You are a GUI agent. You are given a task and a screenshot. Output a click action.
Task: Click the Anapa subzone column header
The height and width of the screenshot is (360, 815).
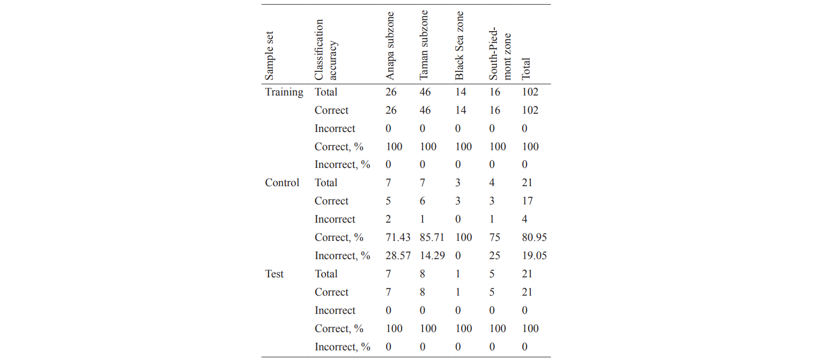(390, 46)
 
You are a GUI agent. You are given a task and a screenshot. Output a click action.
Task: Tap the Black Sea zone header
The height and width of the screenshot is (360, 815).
(460, 46)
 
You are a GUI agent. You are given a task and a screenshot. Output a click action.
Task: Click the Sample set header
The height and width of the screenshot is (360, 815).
(270, 55)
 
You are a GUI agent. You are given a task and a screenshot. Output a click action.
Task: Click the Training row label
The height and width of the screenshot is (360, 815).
(284, 92)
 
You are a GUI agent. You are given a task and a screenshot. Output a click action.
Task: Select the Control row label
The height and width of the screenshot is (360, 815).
(282, 183)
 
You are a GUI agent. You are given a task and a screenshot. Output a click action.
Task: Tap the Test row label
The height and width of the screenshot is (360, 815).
(274, 274)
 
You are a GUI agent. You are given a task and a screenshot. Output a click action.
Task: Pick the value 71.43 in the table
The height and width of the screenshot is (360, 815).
(398, 238)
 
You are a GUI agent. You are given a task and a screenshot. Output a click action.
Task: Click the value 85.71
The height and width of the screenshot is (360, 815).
(432, 238)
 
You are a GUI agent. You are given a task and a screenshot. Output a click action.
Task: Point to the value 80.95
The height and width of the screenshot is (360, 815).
(535, 238)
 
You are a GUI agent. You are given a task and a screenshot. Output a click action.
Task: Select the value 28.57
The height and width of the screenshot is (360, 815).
(398, 256)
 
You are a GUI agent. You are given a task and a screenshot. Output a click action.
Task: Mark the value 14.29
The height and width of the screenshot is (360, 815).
(432, 256)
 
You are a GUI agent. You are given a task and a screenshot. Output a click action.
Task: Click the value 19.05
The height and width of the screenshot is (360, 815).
(535, 256)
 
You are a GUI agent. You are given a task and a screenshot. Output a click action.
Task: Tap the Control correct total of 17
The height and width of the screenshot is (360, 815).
(528, 201)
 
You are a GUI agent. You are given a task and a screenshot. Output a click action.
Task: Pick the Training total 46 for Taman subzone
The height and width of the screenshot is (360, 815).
(425, 92)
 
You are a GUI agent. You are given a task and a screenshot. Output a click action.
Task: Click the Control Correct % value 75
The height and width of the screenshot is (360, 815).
(494, 238)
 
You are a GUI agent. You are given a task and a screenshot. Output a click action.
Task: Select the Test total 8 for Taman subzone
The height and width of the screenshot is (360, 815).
(423, 274)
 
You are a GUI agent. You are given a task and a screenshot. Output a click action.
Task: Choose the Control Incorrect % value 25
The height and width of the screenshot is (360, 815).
(494, 256)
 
